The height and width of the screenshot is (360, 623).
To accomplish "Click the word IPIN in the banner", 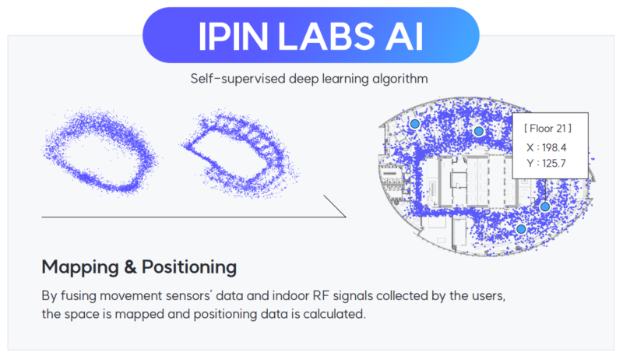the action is pyautogui.click(x=233, y=37).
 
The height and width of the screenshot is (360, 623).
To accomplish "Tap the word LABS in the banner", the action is pyautogui.click(x=326, y=37).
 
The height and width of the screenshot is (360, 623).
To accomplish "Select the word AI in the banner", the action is pyautogui.click(x=404, y=37).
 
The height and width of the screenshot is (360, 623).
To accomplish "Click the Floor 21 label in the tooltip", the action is pyautogui.click(x=548, y=129).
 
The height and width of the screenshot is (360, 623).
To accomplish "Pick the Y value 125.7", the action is pyautogui.click(x=554, y=164).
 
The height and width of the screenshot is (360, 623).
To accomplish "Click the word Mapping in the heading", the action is pyautogui.click(x=80, y=267).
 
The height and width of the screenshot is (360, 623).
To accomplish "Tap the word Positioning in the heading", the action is pyautogui.click(x=189, y=267).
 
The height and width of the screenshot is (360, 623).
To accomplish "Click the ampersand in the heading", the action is pyautogui.click(x=130, y=267).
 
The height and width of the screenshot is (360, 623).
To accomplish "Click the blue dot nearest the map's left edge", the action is pyautogui.click(x=415, y=124).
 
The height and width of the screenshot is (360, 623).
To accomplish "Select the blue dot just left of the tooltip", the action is pyautogui.click(x=479, y=131).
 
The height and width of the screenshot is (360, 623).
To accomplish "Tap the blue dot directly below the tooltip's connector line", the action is pyautogui.click(x=545, y=206).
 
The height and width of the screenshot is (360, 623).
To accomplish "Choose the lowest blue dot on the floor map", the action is pyautogui.click(x=521, y=229).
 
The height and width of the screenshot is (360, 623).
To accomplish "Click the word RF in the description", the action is pyautogui.click(x=322, y=295).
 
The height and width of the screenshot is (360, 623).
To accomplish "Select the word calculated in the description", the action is pyautogui.click(x=333, y=314).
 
